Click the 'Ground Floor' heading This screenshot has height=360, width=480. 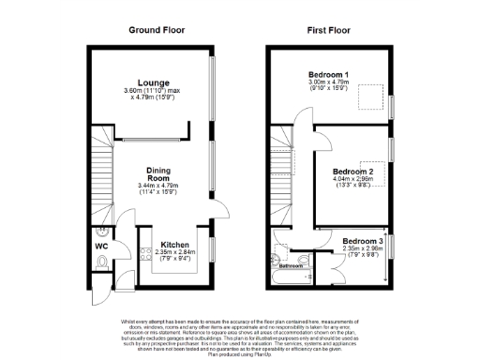(157, 30)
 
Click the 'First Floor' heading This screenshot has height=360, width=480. (329, 30)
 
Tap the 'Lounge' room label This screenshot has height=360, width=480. (153, 82)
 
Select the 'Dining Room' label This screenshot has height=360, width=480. (157, 174)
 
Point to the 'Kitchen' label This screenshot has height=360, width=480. (175, 244)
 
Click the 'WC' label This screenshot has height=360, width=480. (101, 248)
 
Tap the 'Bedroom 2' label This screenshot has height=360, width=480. (353, 172)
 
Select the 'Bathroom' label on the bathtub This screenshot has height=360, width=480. (295, 266)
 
